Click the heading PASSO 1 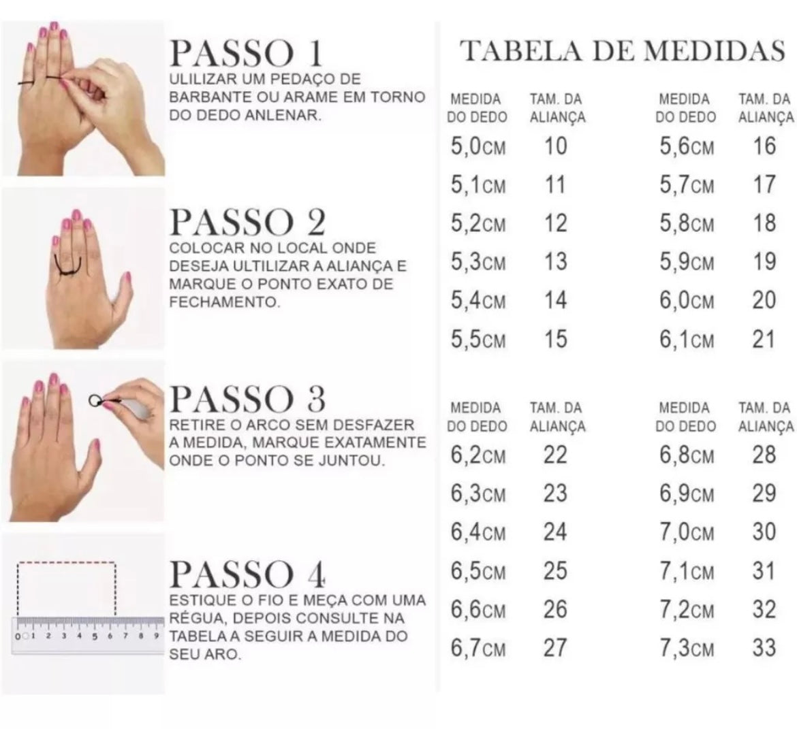pos(246,53)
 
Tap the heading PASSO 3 pos(247,399)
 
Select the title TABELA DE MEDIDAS pos(622,51)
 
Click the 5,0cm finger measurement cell pos(478,146)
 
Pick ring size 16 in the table pos(764,146)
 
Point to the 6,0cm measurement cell pos(687,300)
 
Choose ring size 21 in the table pos(764,339)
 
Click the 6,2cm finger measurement pos(478,455)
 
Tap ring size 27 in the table pos(555,648)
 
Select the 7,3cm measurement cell pos(687,648)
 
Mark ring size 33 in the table pos(764,648)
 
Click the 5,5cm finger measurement pos(478,339)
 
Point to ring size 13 pos(556,261)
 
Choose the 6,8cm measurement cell pos(687,455)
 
